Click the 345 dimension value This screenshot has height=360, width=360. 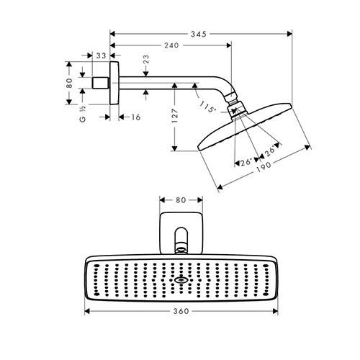[x=198, y=34]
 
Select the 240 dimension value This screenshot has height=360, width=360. [x=171, y=45]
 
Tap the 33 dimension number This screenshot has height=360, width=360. [x=101, y=55]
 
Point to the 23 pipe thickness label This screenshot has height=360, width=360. [x=146, y=59]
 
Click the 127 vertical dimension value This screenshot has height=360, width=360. [x=175, y=116]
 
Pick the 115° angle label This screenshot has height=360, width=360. [x=207, y=107]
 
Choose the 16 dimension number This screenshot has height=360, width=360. [x=135, y=117]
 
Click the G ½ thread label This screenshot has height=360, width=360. [x=83, y=114]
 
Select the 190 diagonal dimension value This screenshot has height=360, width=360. [x=264, y=166]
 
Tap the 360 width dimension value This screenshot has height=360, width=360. [x=181, y=311]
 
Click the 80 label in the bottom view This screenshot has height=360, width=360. [x=181, y=200]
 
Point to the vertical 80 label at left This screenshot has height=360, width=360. [x=69, y=83]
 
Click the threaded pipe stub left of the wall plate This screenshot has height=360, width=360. [x=101, y=83]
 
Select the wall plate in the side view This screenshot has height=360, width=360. [x=114, y=83]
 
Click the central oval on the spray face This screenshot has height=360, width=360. [x=181, y=280]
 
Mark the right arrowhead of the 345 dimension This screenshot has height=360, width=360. [x=289, y=34]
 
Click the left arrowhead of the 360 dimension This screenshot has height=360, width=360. [x=87, y=311]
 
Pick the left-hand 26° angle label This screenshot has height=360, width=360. [x=246, y=162]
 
